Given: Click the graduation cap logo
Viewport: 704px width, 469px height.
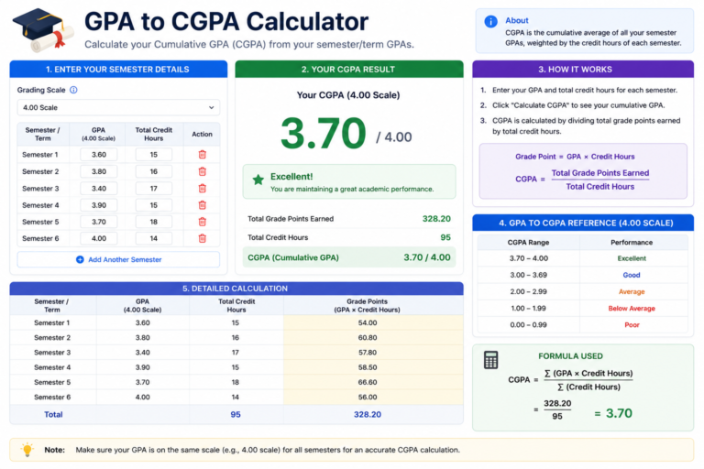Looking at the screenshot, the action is (x=44, y=29).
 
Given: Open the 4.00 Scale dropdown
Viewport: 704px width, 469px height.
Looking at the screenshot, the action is (x=118, y=108).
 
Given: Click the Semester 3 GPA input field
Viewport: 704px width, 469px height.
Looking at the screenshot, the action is (x=99, y=189).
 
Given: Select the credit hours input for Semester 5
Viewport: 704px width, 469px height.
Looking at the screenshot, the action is (x=154, y=222).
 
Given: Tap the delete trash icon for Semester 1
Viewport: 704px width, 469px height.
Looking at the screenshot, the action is (x=202, y=155).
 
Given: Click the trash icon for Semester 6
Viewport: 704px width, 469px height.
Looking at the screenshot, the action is (x=202, y=238).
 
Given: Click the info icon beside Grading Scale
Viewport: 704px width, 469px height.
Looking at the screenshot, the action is (x=73, y=90).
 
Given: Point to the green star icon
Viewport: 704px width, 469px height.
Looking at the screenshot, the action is (x=258, y=180).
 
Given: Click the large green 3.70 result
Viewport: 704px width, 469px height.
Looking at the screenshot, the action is (x=324, y=133).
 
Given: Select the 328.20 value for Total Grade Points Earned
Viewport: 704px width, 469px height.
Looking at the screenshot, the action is (x=436, y=219).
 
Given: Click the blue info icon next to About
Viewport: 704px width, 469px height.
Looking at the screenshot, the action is (x=490, y=21).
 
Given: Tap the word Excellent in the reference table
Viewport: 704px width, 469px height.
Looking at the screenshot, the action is (x=632, y=258).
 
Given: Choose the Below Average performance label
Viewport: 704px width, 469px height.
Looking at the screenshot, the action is (x=632, y=309).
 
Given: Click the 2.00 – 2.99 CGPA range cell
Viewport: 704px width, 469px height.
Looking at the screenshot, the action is (x=528, y=291).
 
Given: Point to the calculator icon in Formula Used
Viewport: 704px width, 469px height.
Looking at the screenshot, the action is (x=490, y=360).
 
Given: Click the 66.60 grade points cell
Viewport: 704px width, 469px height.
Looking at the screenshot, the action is (x=368, y=382).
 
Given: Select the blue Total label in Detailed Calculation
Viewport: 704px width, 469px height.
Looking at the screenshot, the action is (x=53, y=415).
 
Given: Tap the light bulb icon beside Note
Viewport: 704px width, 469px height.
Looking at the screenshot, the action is (x=27, y=449).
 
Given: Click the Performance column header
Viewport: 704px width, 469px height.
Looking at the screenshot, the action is (x=632, y=243).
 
